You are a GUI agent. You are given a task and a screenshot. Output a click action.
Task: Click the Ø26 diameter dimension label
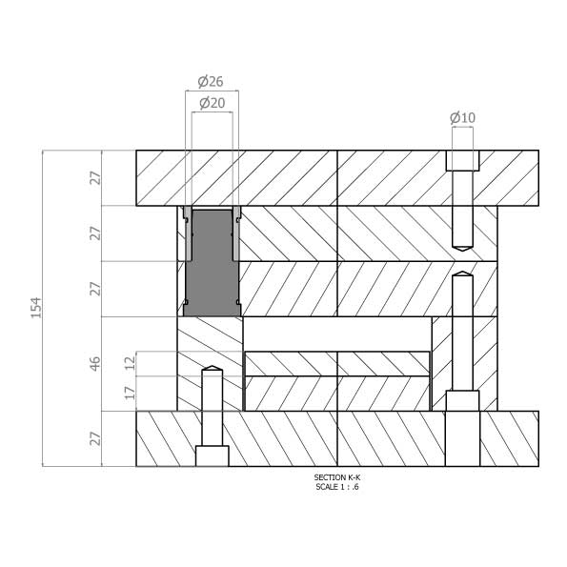point(211,82)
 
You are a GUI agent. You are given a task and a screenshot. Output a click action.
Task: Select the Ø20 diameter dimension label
point(213,104)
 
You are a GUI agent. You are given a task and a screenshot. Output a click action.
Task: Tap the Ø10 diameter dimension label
point(462,118)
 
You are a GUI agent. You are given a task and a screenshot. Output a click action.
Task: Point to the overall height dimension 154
point(36,308)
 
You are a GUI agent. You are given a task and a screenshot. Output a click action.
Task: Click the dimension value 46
point(94,364)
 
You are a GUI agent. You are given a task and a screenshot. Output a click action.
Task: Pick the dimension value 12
point(130,363)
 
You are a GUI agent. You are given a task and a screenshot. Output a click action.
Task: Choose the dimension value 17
point(130,393)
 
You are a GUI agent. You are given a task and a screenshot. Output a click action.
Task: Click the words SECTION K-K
point(337,477)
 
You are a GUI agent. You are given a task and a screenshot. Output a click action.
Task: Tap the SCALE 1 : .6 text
point(337,487)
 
